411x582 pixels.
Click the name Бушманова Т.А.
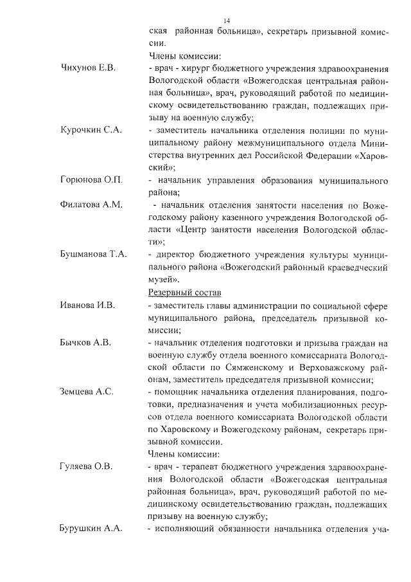click(93, 254)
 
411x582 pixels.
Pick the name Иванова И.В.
click(87, 305)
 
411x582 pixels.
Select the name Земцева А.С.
click(86, 392)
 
